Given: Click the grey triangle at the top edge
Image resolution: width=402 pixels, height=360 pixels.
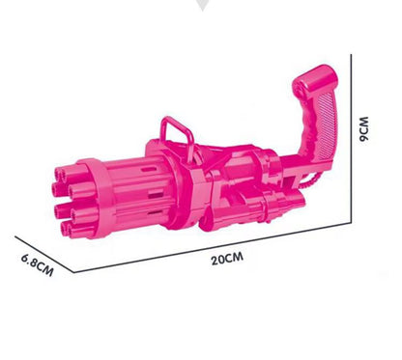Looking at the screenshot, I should click(202, 7).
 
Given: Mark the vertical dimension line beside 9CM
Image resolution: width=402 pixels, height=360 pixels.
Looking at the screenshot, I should click(354, 135).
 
